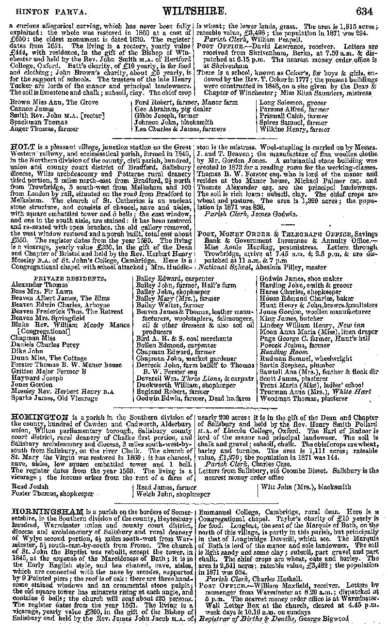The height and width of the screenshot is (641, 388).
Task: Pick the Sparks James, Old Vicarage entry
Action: coord(48,398)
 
